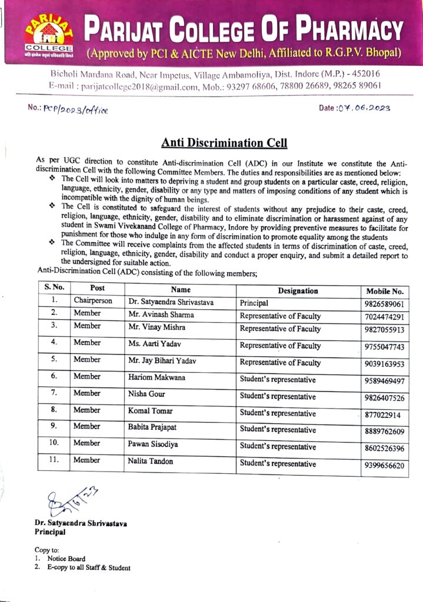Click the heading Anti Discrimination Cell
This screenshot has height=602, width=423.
point(224,143)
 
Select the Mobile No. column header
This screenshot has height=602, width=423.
point(385,291)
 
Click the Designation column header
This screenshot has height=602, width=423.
point(298,290)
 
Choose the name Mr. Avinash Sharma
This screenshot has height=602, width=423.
point(161,315)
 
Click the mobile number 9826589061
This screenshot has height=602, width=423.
point(385,305)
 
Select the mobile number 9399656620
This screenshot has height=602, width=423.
point(385,466)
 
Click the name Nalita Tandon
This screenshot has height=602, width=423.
point(151,461)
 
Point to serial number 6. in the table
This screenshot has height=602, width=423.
point(54,376)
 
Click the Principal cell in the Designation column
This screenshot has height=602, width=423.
point(254,303)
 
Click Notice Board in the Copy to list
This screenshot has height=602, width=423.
point(66,558)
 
